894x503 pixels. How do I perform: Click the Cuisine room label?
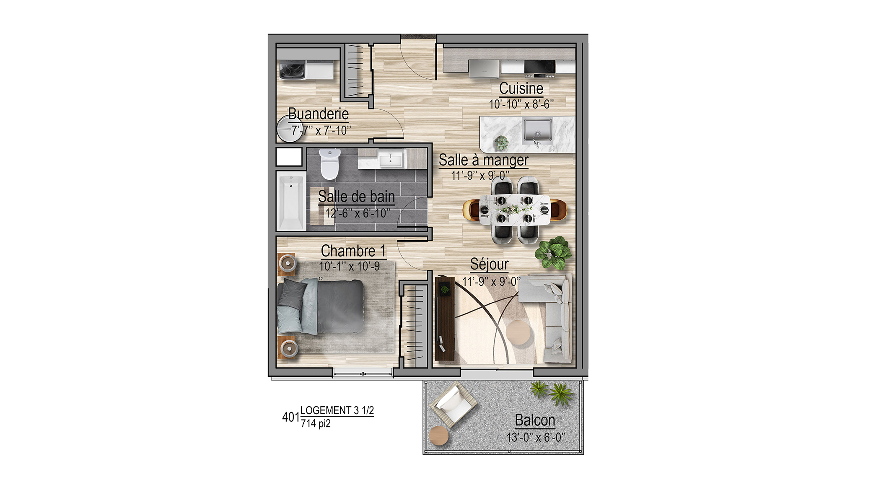pos(521,88)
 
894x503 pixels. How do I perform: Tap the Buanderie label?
pos(319,114)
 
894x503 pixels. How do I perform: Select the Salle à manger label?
pos(483,160)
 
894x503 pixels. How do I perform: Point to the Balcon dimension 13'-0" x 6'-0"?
pos(536,437)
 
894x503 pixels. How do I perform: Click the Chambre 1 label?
pos(353,251)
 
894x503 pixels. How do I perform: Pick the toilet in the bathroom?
pos(330,164)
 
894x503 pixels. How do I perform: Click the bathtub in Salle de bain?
pos(291,201)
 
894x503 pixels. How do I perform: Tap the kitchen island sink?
pos(537,131)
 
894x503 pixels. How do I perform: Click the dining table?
pos(514,209)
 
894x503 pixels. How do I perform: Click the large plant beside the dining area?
pos(553,252)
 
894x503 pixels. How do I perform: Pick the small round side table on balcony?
pos(439,436)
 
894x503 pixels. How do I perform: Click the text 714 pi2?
pos(316,424)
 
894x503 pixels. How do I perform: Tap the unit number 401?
pos(291,417)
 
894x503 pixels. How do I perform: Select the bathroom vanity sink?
pos(391,160)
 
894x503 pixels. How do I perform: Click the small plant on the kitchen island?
pos(501,143)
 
